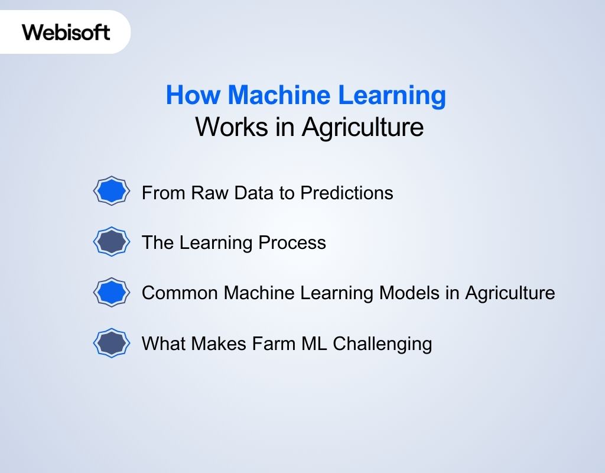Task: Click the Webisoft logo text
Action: click(66, 32)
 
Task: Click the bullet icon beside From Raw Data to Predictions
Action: click(111, 192)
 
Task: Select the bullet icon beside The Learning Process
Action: click(111, 242)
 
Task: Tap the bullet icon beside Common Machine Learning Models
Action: click(111, 292)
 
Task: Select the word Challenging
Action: click(382, 344)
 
